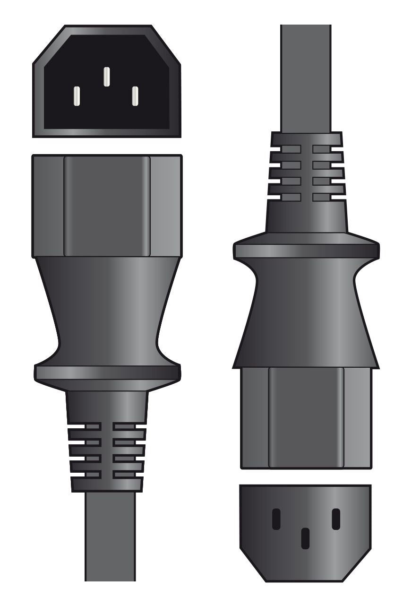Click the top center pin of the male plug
point(106,77)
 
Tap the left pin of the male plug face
point(77,96)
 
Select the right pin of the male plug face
point(135,96)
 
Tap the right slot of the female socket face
point(336,519)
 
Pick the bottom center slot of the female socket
point(306,538)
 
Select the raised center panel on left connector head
point(107,206)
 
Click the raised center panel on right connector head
point(306,417)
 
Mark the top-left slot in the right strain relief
point(285,149)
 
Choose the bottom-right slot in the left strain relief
point(129,474)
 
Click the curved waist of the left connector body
point(107,312)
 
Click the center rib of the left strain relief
point(107,451)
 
